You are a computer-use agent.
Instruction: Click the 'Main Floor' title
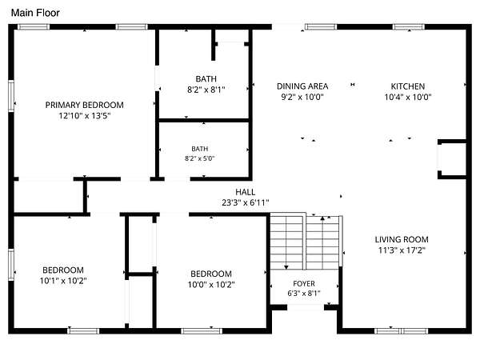click(35, 13)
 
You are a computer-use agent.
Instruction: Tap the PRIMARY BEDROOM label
click(85, 105)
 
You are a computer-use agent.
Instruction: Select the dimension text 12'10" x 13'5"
click(85, 116)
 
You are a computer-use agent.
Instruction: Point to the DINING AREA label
click(302, 86)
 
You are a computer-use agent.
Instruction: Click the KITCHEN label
click(408, 86)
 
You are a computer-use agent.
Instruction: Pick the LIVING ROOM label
click(402, 239)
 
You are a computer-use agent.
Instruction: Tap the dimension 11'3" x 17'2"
click(402, 250)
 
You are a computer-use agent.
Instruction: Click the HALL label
click(246, 192)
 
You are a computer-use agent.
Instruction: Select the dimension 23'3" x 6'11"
click(246, 202)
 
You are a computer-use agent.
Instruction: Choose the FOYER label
click(304, 284)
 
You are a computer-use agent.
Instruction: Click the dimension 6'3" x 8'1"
click(304, 294)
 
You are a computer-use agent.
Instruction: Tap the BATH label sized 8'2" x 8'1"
click(206, 79)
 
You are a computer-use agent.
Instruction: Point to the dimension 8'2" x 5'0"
click(199, 158)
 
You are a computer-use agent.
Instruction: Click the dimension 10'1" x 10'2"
click(63, 281)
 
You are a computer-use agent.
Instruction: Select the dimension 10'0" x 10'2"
click(211, 284)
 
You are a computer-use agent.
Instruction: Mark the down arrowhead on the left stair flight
click(286, 267)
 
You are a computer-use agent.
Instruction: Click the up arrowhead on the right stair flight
click(322, 218)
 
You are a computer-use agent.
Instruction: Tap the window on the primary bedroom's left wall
click(11, 96)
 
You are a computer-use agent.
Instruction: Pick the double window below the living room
click(401, 331)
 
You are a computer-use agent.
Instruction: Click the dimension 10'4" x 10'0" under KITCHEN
click(408, 97)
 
